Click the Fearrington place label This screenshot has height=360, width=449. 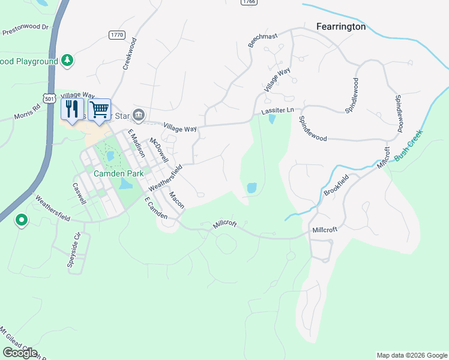point(341,26)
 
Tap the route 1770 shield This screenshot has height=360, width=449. point(117,35)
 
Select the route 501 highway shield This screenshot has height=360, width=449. point(49,97)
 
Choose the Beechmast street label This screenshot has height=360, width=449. point(263,40)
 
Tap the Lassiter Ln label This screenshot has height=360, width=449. point(277,111)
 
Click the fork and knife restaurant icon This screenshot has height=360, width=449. point(72,109)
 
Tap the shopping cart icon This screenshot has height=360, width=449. point(100,109)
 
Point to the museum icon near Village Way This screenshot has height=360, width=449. point(139,114)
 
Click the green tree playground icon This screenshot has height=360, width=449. point(68,61)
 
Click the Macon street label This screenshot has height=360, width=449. point(176,200)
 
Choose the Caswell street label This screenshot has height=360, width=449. point(80,194)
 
